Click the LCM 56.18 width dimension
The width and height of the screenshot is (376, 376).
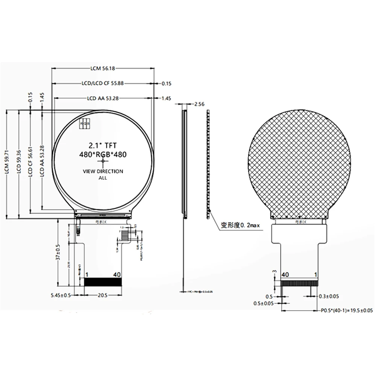pyautogui.click(x=103, y=68)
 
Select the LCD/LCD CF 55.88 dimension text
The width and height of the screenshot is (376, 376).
pyautogui.click(x=102, y=83)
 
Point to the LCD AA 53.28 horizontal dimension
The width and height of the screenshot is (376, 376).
pyautogui.click(x=103, y=98)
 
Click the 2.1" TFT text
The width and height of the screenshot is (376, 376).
pyautogui.click(x=103, y=145)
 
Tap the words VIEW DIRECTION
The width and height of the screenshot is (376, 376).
pyautogui.click(x=103, y=171)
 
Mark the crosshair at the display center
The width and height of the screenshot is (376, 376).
pyautogui.click(x=103, y=162)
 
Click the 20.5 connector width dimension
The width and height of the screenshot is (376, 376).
pyautogui.click(x=102, y=296)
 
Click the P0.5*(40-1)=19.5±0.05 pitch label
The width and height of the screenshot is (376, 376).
pyautogui.click(x=346, y=311)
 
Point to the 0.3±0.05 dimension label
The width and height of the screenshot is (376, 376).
pyautogui.click(x=329, y=296)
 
